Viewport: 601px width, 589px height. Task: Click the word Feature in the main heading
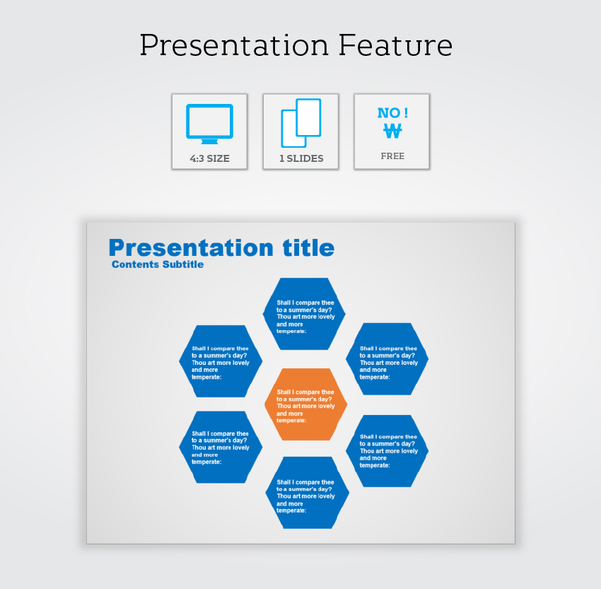pos(395,45)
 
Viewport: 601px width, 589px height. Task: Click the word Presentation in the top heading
pos(234,45)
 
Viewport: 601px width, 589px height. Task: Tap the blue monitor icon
pos(210,124)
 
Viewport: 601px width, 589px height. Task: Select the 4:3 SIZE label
pos(210,158)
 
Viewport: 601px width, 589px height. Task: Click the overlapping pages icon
pos(301,123)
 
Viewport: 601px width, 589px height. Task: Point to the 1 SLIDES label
pos(301,158)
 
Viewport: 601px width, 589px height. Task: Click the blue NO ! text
pos(392,112)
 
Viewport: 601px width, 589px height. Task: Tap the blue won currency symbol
pos(392,131)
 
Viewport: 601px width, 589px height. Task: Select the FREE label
pos(392,156)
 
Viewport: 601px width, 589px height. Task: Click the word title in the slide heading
pos(308,247)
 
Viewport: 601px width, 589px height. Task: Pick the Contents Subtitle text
pos(158,264)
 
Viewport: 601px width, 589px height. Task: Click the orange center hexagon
pos(306,404)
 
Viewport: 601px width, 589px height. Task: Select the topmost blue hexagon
pos(304,314)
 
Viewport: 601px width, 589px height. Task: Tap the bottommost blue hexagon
pos(307,492)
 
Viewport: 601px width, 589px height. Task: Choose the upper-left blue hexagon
pos(221,361)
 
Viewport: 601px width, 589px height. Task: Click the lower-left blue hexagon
pos(221,447)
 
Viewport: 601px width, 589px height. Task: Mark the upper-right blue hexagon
pos(387,358)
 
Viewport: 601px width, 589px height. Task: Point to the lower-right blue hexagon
pos(387,451)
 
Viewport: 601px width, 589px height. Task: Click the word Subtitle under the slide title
pos(183,264)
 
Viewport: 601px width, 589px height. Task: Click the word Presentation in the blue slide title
pos(191,247)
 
